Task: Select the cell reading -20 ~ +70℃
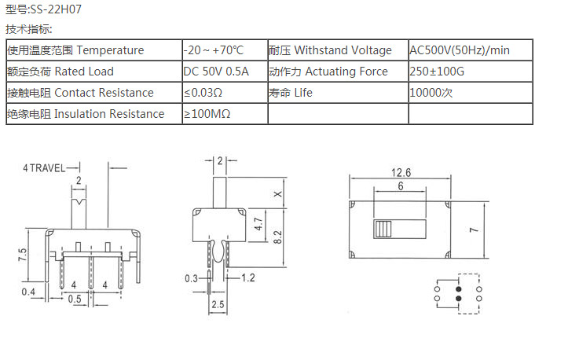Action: pyautogui.click(x=214, y=50)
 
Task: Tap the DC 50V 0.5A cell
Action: pyautogui.click(x=216, y=72)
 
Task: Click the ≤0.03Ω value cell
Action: pyautogui.click(x=203, y=93)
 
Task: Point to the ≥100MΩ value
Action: pyautogui.click(x=207, y=114)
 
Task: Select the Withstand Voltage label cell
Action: pyautogui.click(x=330, y=50)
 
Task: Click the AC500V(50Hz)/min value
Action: pyautogui.click(x=460, y=50)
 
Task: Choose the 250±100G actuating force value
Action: pyautogui.click(x=438, y=72)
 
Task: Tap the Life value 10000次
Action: pyautogui.click(x=431, y=93)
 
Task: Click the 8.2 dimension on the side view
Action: pyautogui.click(x=277, y=237)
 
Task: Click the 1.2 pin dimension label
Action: pyautogui.click(x=247, y=278)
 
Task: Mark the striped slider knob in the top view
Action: pyautogui.click(x=383, y=230)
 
